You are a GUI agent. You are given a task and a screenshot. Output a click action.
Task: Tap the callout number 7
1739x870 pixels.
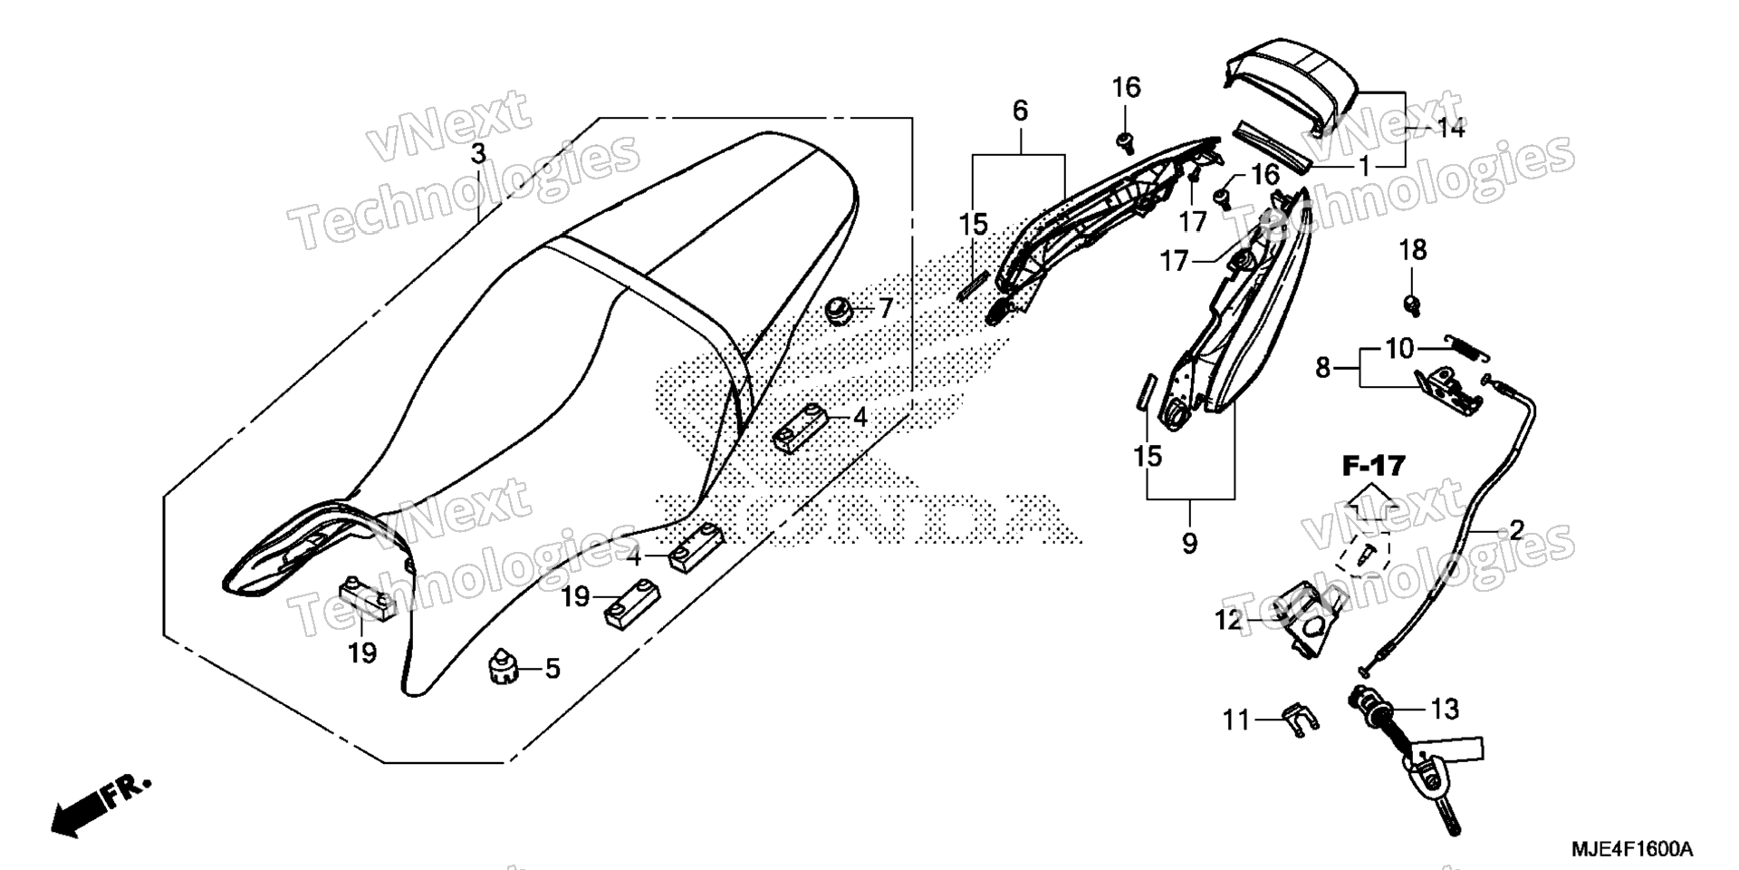[x=885, y=308]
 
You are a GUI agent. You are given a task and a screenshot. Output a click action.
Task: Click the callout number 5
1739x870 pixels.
[x=552, y=669]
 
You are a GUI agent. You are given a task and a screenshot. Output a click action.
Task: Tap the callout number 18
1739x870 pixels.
[x=1413, y=250]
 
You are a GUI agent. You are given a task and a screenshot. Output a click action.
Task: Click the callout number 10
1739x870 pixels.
[x=1399, y=348]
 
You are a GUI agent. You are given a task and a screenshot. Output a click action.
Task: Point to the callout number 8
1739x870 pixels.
[x=1323, y=368]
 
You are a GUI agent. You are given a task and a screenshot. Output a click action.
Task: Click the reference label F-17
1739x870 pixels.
[x=1373, y=467]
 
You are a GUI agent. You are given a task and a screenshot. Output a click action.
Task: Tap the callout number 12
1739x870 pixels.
[x=1229, y=620]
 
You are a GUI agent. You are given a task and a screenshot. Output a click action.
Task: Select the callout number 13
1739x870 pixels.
[x=1446, y=709]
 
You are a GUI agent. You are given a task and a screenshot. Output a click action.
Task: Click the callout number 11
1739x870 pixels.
[x=1236, y=720]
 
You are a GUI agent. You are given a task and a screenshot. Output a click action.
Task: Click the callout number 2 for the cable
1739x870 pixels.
[x=1515, y=529]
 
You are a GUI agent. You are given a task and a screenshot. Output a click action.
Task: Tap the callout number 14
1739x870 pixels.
[x=1451, y=129]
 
